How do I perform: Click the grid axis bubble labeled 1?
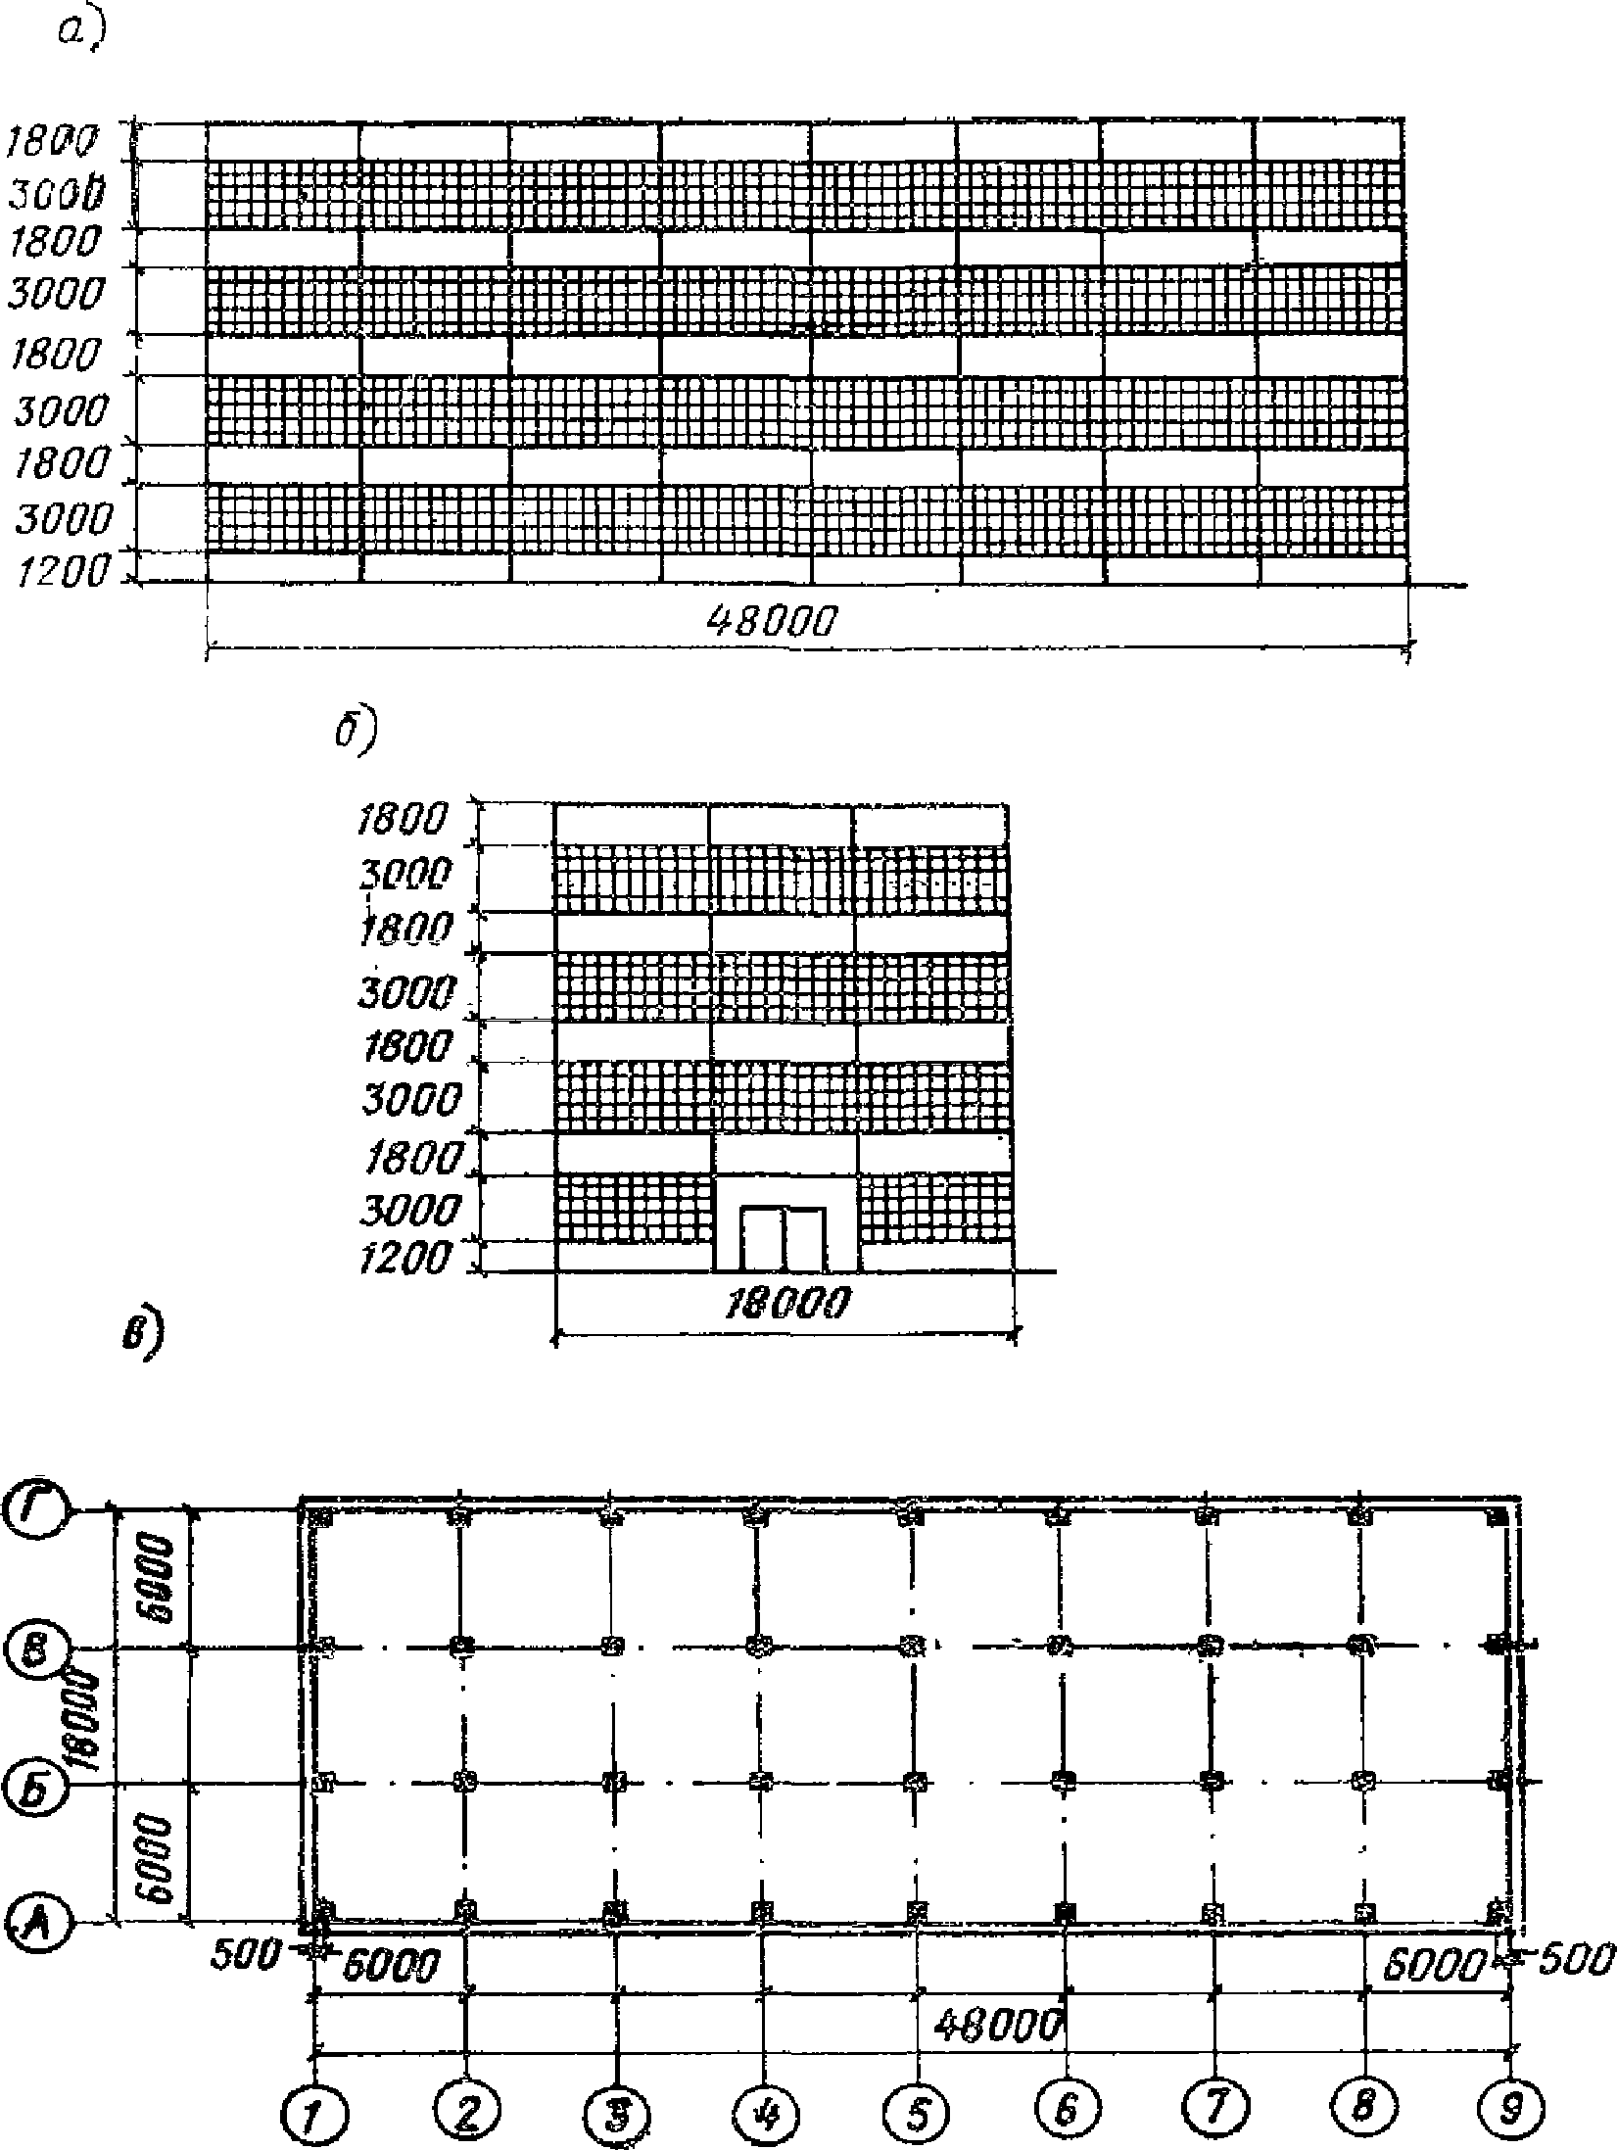point(312,2103)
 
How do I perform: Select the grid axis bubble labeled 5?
point(915,2103)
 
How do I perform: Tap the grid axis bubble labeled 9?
point(1510,2103)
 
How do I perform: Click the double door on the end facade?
point(783,1239)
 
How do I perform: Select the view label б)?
point(355,735)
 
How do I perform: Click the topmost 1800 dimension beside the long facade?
point(54,142)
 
